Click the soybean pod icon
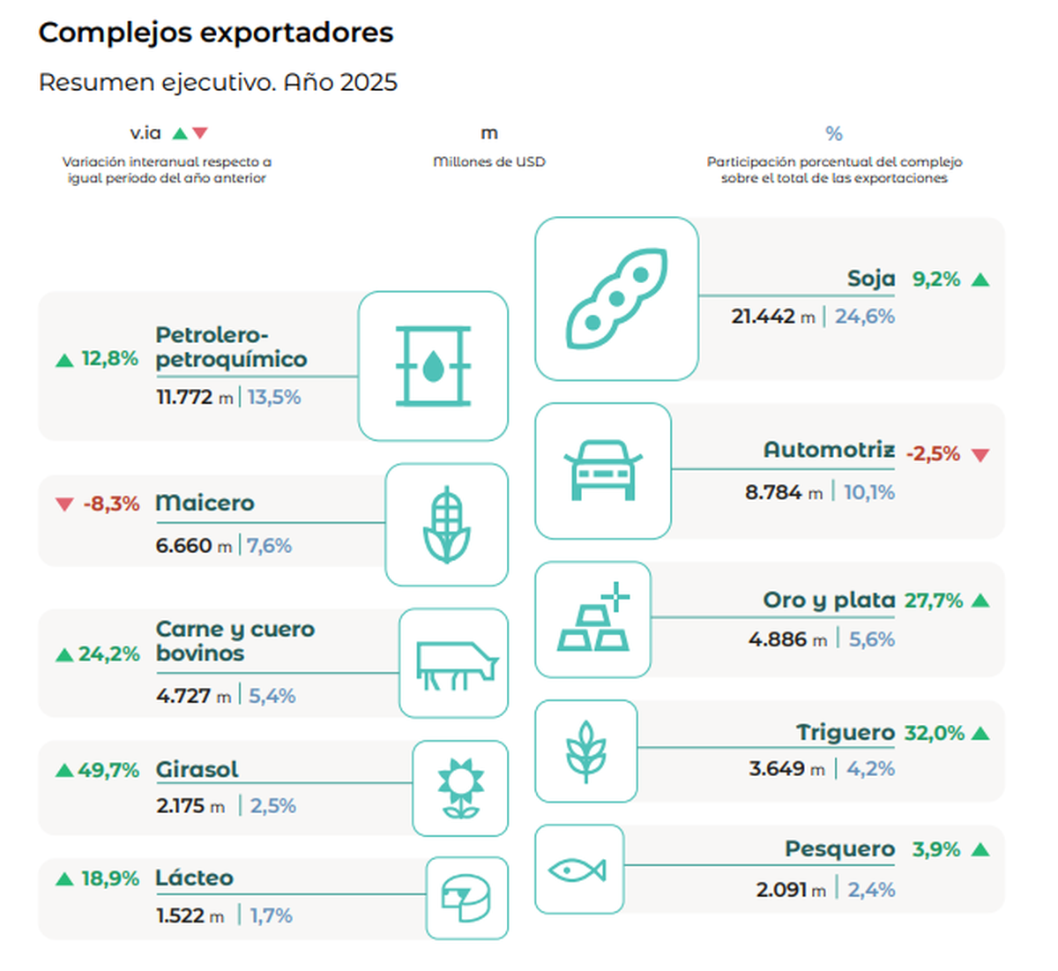(616, 298)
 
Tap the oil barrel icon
(433, 366)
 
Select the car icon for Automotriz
(603, 470)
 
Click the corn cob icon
(447, 525)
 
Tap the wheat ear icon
(585, 751)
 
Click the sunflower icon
(460, 788)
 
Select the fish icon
(577, 870)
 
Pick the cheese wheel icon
(466, 898)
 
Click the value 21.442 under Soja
(763, 317)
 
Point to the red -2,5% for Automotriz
(933, 454)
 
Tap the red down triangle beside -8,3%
(64, 504)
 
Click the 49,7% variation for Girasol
(108, 770)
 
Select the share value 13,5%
(274, 398)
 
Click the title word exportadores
(296, 33)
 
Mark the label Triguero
(846, 733)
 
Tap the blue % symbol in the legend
(834, 134)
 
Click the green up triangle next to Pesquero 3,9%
(980, 850)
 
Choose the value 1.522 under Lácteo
(181, 916)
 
